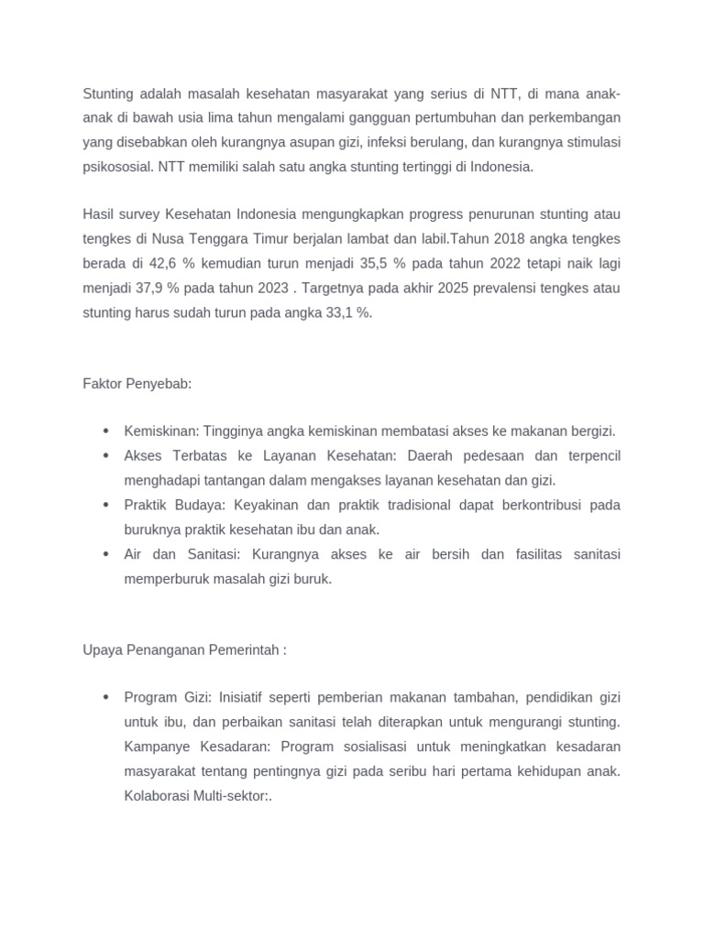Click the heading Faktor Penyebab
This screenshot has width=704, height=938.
point(137,383)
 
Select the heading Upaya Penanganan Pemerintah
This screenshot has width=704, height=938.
point(184,649)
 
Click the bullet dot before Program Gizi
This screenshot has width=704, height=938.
point(106,698)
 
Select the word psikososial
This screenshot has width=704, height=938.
point(117,167)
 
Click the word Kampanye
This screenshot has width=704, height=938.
point(155,747)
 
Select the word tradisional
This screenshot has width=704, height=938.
point(408,506)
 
